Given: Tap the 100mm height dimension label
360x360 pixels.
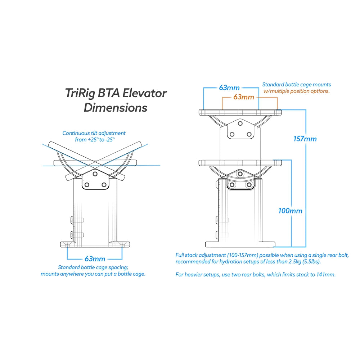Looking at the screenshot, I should point(290,211).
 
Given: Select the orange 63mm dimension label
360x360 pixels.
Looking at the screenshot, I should point(244,97).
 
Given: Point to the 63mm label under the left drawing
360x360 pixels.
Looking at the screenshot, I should point(95,258).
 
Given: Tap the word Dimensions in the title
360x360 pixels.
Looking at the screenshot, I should point(115,108).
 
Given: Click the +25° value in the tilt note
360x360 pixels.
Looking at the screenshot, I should point(93,139).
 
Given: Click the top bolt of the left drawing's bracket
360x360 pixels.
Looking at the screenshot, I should point(95,174).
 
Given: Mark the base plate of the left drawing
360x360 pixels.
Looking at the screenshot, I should point(95,244).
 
